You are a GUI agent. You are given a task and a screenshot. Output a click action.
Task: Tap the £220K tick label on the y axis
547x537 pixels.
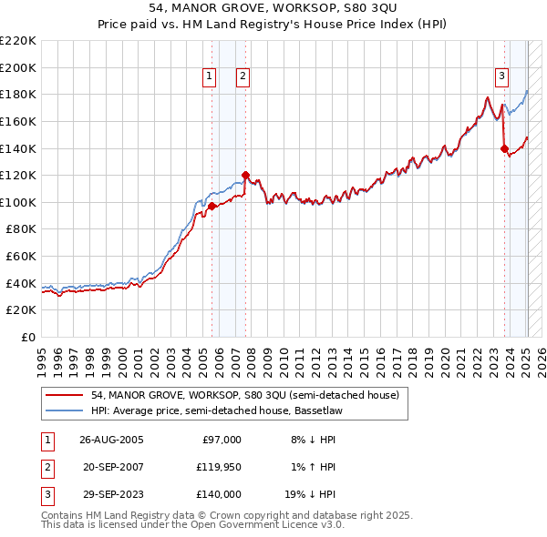coord(18,41)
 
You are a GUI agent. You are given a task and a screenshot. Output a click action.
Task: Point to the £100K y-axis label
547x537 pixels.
coord(18,202)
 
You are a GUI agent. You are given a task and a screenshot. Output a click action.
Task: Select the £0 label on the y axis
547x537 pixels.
coord(27,337)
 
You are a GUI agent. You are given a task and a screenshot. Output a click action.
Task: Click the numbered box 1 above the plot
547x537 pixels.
coord(211,76)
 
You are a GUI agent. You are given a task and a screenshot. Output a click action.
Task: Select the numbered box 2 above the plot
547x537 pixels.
coord(243,76)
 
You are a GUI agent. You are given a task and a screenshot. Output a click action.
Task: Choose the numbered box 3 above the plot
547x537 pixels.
coord(502,76)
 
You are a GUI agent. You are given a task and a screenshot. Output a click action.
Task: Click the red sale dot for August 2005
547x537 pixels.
coord(212,207)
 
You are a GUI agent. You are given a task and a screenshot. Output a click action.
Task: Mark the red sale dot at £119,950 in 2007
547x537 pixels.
coord(245,175)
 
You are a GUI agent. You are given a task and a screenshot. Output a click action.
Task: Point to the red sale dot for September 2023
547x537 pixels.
coord(504,148)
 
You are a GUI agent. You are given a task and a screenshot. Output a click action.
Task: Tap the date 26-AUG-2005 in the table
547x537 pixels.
coord(111,440)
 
